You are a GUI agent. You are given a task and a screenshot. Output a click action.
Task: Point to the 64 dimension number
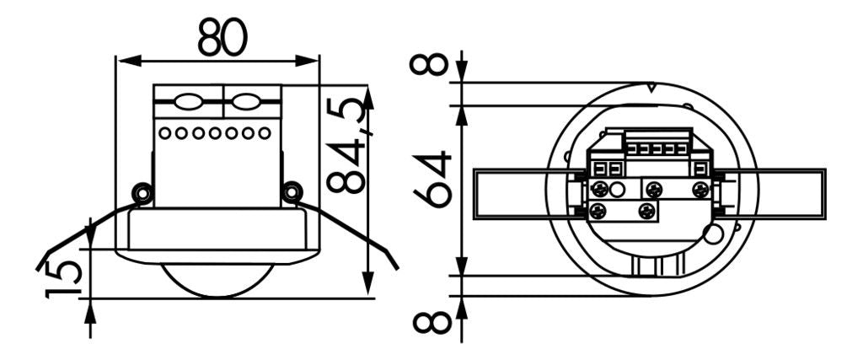click(x=435, y=179)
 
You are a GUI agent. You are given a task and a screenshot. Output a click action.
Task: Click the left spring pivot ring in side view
click(x=142, y=193)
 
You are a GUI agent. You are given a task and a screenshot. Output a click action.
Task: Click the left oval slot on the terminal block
click(x=187, y=104)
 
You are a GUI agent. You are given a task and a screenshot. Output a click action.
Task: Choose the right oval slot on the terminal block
click(x=246, y=104)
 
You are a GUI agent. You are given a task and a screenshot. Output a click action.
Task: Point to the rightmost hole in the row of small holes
click(x=265, y=133)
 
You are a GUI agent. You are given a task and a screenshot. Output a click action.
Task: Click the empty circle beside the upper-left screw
click(x=618, y=190)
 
